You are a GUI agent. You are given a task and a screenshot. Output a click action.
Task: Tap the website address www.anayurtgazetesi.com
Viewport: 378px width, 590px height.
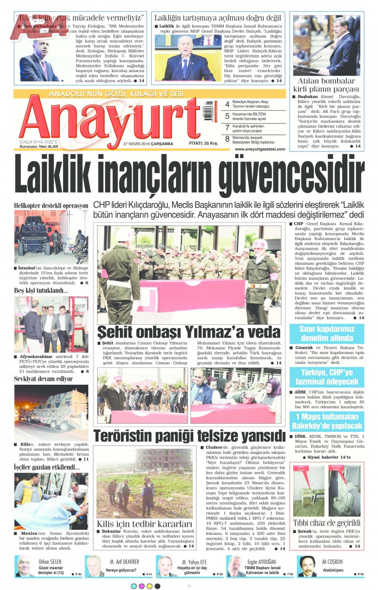[x=260, y=149]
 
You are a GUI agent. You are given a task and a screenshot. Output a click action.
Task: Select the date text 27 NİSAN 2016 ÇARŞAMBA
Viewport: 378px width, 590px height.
[x=148, y=144]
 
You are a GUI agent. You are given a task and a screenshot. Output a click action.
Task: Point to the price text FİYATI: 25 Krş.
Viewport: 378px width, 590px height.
[x=203, y=143]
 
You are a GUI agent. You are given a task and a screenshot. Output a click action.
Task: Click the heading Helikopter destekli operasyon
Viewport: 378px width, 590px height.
[x=51, y=206]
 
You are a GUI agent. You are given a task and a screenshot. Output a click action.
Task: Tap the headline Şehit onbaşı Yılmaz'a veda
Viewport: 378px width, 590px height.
[x=189, y=332]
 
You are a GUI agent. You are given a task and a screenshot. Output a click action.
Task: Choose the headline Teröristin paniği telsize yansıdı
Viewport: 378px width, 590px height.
[x=189, y=436]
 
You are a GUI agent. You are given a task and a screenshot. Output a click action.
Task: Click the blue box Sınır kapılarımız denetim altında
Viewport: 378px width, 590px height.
[x=326, y=334]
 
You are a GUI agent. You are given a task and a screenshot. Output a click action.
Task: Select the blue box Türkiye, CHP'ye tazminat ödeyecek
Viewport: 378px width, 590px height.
[x=326, y=377]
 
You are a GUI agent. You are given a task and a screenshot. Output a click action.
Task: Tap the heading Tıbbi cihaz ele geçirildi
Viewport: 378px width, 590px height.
[x=326, y=523]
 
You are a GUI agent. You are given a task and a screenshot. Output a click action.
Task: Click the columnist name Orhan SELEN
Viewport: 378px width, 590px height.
[x=50, y=562]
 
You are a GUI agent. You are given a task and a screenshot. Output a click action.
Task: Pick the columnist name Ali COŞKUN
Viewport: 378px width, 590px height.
[x=332, y=562]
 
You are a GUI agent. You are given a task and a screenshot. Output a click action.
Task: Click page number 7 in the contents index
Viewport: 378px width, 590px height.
[x=227, y=128]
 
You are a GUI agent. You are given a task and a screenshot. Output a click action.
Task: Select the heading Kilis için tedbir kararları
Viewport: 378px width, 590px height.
[x=145, y=524]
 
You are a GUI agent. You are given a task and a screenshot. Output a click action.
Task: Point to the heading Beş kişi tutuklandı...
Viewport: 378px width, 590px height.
[x=41, y=291]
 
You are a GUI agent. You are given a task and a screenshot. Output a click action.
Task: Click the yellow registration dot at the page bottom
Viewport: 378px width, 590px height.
[x=149, y=586]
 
